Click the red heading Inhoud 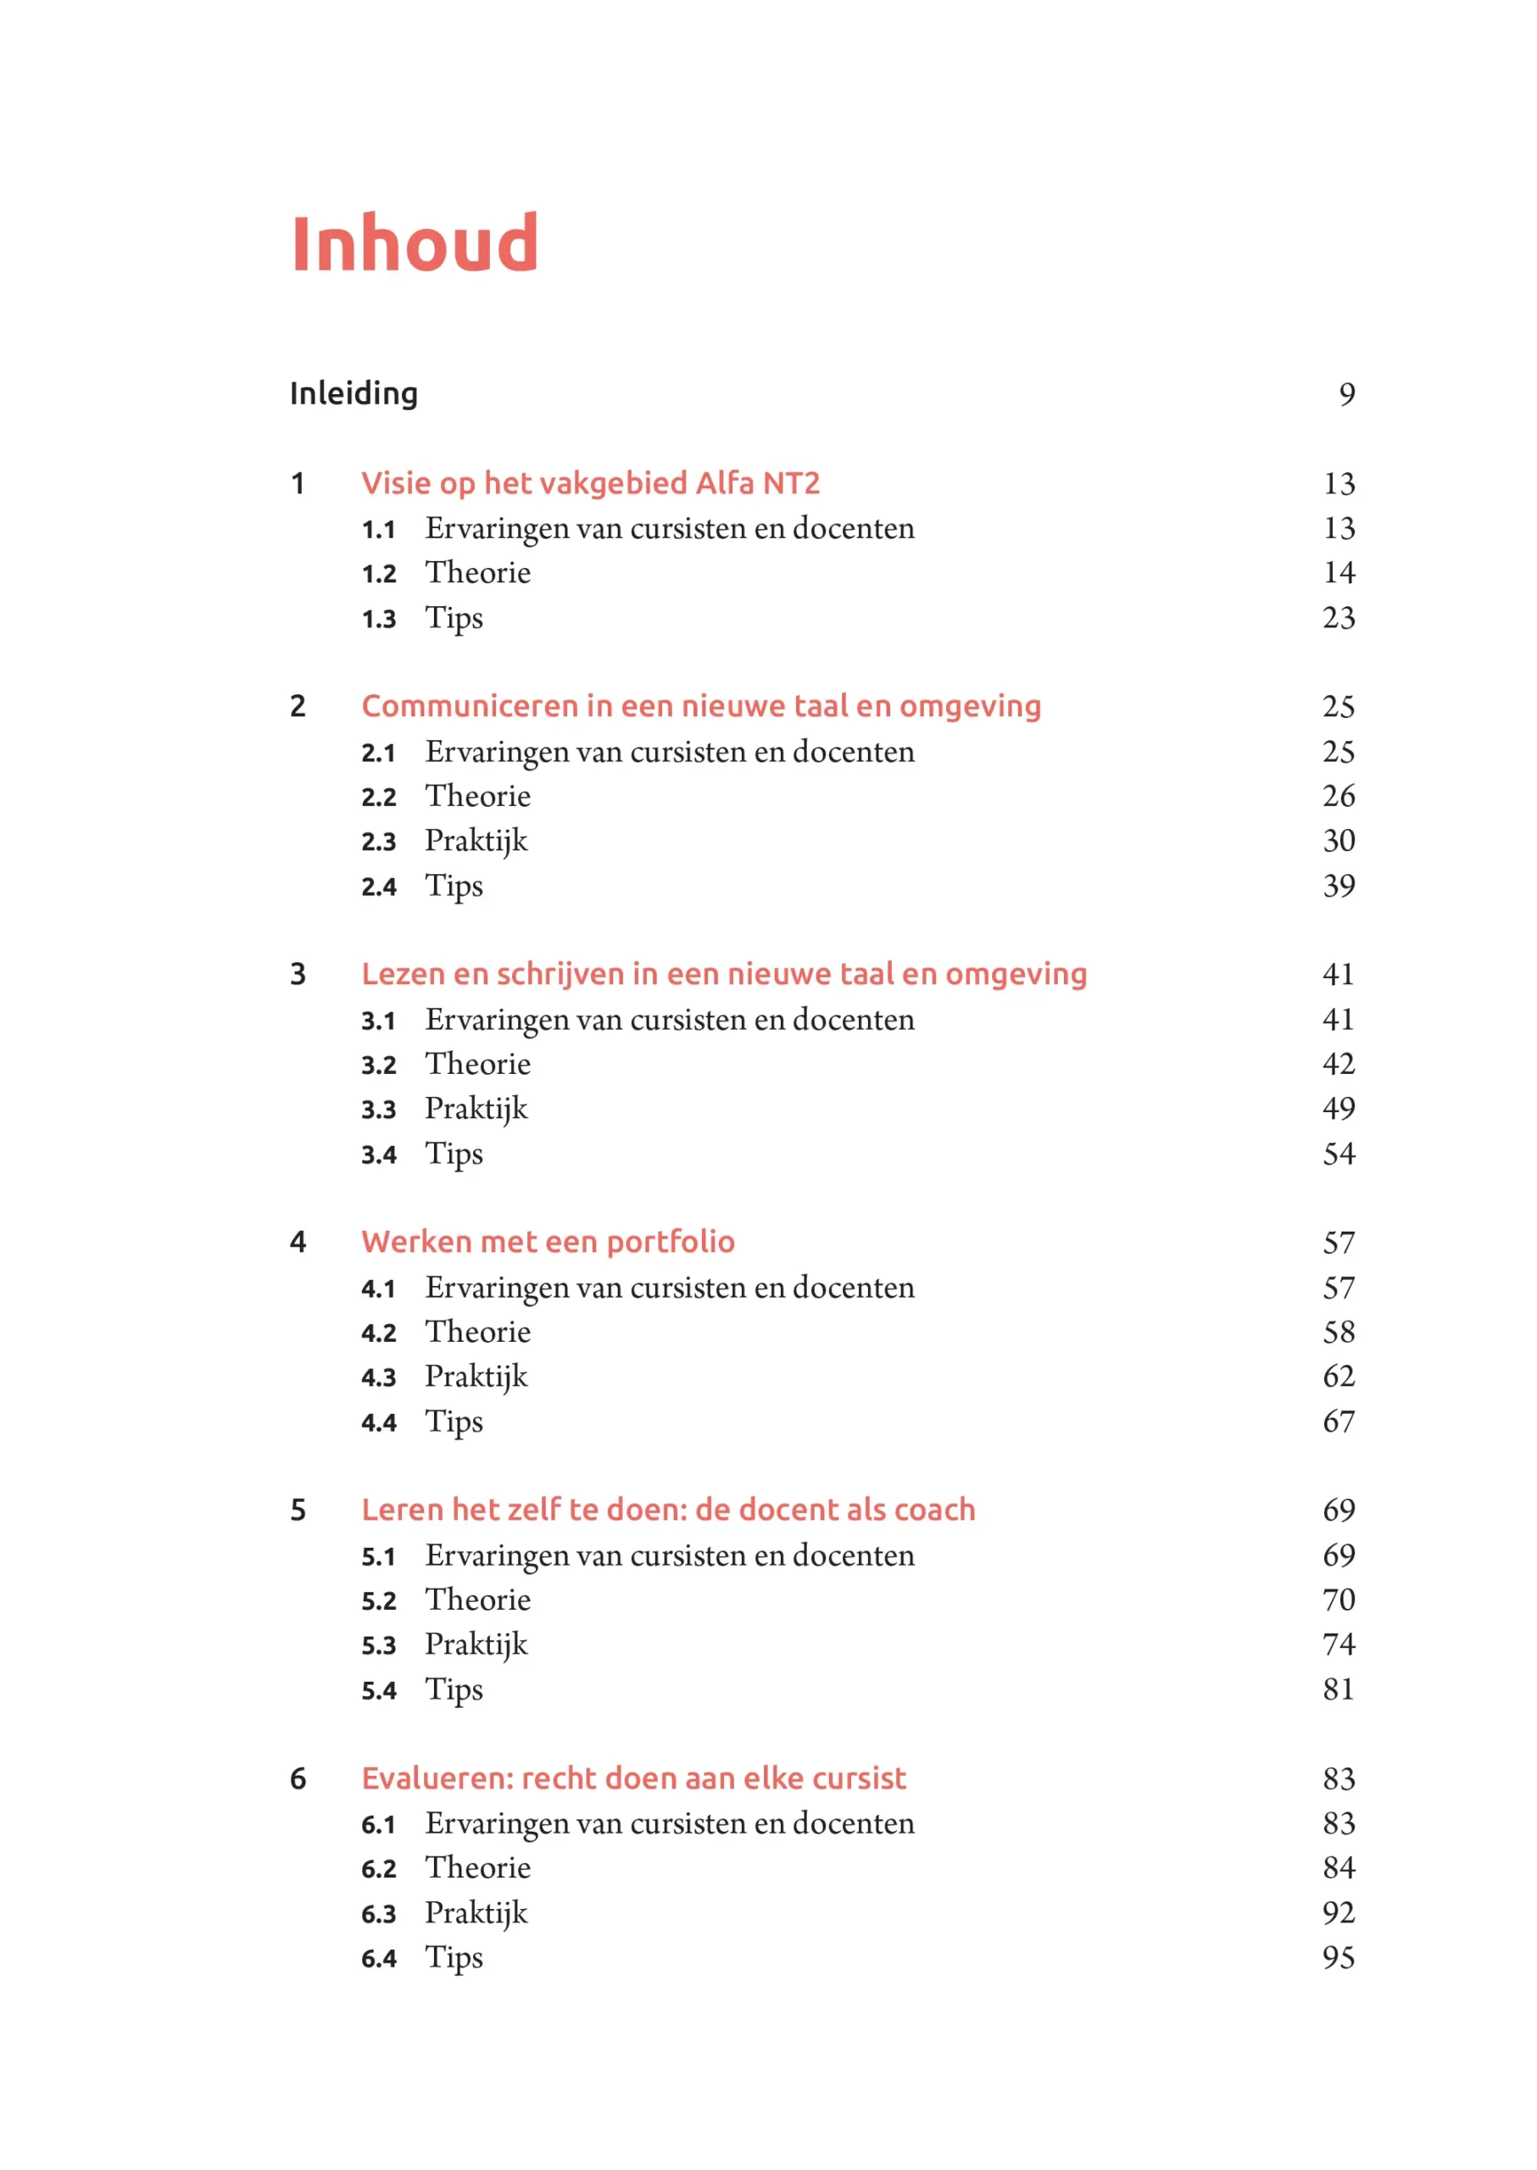[x=414, y=243]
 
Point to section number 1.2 [x=379, y=574]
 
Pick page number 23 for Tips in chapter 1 [x=1339, y=618]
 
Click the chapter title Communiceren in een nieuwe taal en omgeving [x=700, y=706]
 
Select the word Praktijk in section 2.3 [x=476, y=840]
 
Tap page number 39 [x=1339, y=886]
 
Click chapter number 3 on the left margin [x=298, y=974]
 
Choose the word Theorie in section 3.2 [x=478, y=1064]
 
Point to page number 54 [x=1339, y=1154]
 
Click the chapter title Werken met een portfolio [x=548, y=1242]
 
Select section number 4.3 [x=379, y=1377]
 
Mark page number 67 [x=1339, y=1422]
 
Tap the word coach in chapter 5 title [x=934, y=1510]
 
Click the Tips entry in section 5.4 [x=454, y=1689]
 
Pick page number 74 [x=1339, y=1644]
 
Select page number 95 [x=1339, y=1957]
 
